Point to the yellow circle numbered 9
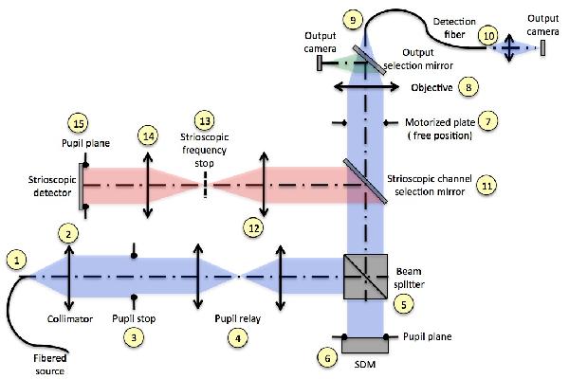(354, 20)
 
